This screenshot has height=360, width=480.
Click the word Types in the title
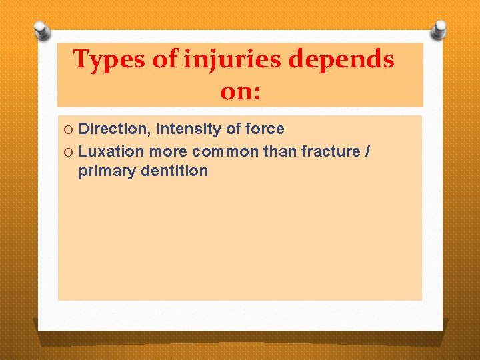[109, 60]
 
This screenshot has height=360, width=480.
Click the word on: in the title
[240, 92]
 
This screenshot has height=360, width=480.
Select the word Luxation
[112, 151]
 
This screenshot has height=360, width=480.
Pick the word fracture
[330, 151]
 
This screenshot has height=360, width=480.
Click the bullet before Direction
[69, 129]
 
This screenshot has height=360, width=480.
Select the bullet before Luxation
[69, 151]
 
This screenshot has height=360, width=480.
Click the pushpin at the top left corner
[43, 31]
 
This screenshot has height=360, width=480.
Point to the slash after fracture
[367, 151]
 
